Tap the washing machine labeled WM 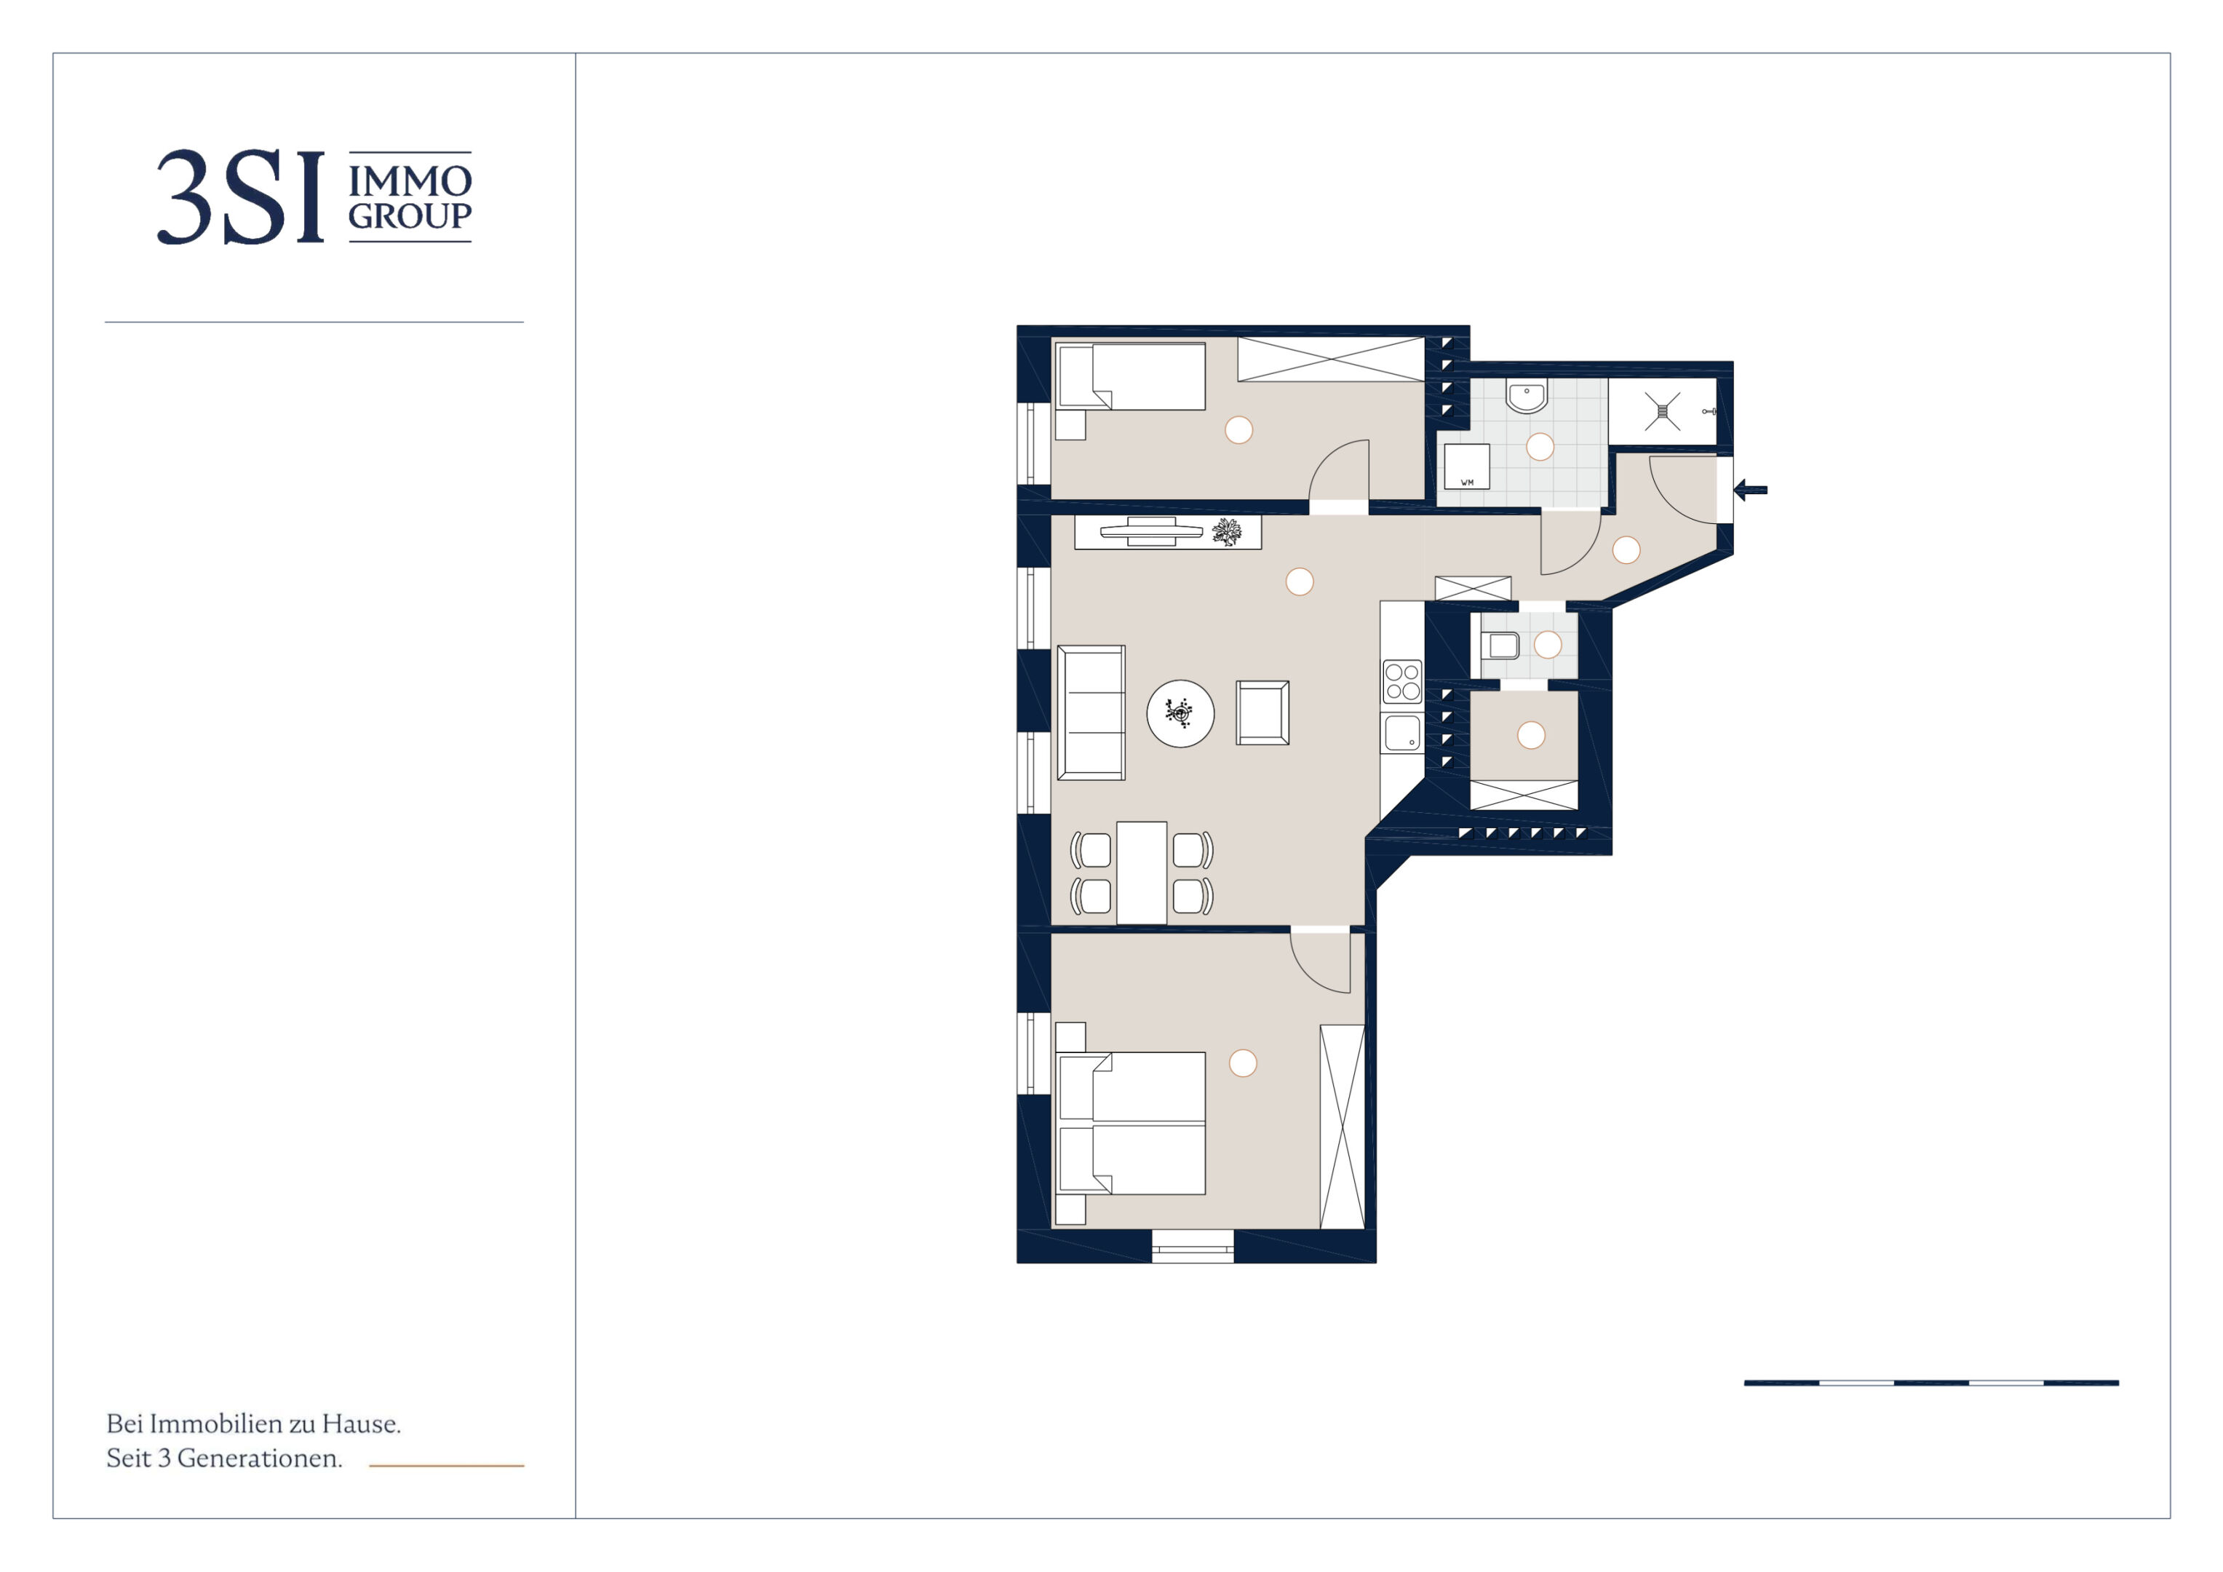1467,467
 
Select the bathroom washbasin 1527,396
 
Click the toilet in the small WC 1500,645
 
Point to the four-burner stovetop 1402,681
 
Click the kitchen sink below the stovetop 1402,733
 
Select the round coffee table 1180,713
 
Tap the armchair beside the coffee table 1262,713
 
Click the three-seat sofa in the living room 1091,713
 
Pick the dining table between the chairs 1142,873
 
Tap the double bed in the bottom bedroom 1131,1124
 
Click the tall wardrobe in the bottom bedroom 1342,1127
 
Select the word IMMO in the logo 410,181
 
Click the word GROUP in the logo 410,216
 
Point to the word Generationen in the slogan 260,1458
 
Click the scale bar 1931,1383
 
